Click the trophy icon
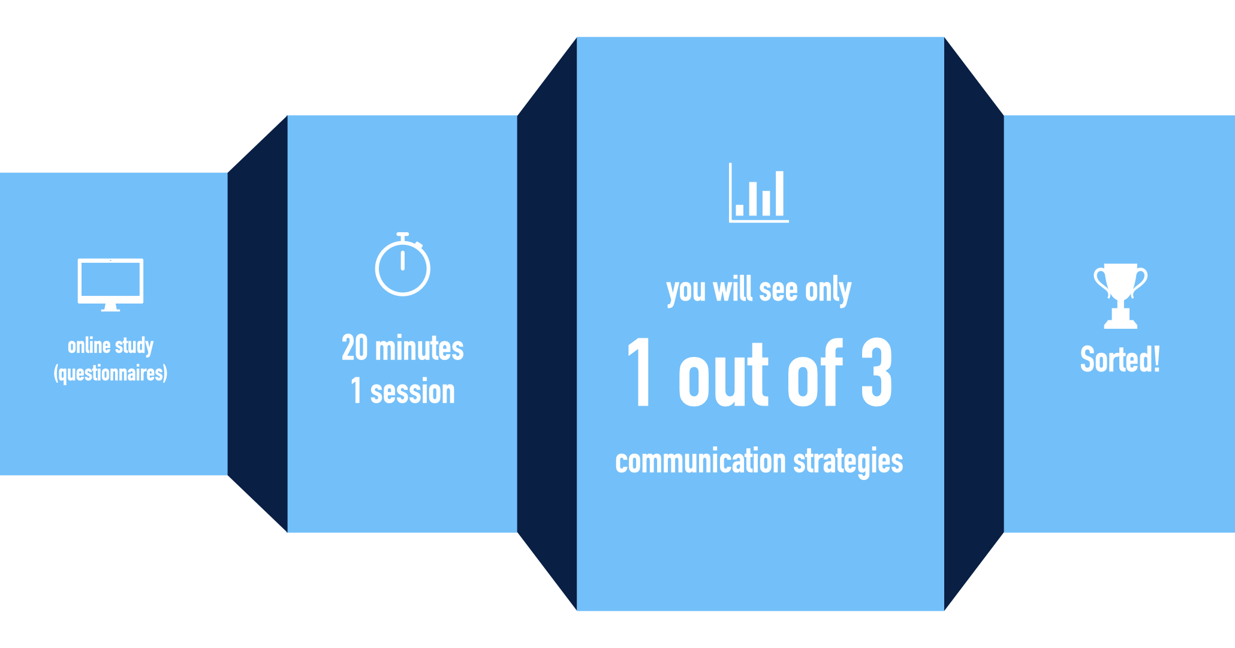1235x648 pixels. tap(1120, 296)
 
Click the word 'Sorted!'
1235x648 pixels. tap(1120, 359)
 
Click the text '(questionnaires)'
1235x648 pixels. tap(110, 373)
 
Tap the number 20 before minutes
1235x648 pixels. tap(354, 348)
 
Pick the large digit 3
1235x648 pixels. tap(877, 372)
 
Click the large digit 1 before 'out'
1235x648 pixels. tap(640, 372)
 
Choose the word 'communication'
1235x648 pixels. tap(700, 461)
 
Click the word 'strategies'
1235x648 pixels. tap(848, 462)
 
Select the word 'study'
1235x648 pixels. tap(134, 346)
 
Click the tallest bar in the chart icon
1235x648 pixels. tap(779, 193)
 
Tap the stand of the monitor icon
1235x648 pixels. tap(110, 307)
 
